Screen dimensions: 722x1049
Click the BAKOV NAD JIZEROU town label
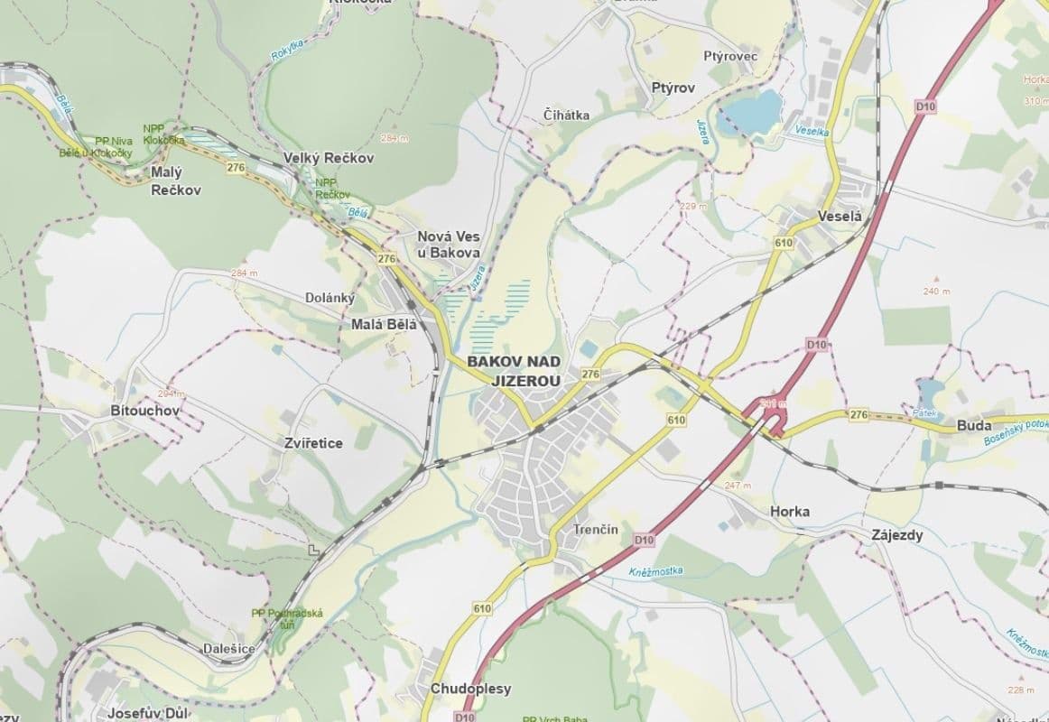pyautogui.click(x=513, y=371)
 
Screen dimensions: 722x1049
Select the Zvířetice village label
pyautogui.click(x=312, y=443)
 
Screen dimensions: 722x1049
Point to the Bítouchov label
pyautogui.click(x=144, y=411)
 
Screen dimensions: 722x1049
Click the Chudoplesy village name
pyautogui.click(x=470, y=688)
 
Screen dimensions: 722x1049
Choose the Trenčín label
pyautogui.click(x=596, y=530)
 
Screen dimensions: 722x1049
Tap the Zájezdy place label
pyautogui.click(x=897, y=535)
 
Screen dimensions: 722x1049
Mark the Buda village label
pyautogui.click(x=974, y=426)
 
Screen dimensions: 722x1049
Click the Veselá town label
pyautogui.click(x=840, y=217)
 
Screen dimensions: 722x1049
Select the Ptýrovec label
pyautogui.click(x=730, y=56)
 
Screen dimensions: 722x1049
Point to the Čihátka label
pyautogui.click(x=567, y=115)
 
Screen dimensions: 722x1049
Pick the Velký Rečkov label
pyautogui.click(x=329, y=158)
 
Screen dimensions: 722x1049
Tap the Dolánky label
pyautogui.click(x=330, y=297)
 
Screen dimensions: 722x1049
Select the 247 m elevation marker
pyautogui.click(x=738, y=486)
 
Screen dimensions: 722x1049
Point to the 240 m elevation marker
pyautogui.click(x=936, y=291)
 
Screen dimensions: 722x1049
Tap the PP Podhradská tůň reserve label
pyautogui.click(x=287, y=619)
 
